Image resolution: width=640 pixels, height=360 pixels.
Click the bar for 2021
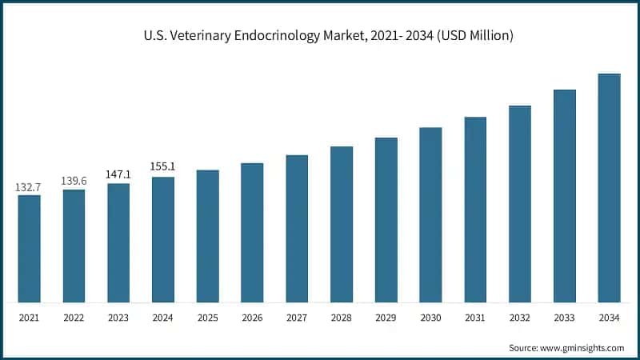[x=29, y=249]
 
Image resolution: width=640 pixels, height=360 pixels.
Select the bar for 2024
[x=163, y=240]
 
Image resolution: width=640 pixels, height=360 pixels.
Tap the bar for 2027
[x=297, y=229]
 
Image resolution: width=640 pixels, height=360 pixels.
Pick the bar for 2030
[x=430, y=215]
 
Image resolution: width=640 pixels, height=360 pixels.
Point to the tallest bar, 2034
[x=609, y=188]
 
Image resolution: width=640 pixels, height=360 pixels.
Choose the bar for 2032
[x=520, y=204]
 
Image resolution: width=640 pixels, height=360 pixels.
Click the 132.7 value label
[x=29, y=187]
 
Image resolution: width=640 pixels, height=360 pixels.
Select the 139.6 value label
[x=74, y=182]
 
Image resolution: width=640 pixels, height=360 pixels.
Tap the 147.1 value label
[x=118, y=174]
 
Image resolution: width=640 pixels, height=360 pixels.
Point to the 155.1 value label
[x=163, y=166]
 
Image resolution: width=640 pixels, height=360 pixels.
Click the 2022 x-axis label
[x=74, y=318]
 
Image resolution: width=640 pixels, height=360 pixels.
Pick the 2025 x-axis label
[x=208, y=318]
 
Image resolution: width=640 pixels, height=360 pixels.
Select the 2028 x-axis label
[x=342, y=318]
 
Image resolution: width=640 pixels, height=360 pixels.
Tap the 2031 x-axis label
[x=475, y=318]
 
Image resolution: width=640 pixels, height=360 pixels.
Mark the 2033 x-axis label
[x=565, y=318]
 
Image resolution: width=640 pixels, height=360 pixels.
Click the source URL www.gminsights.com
[x=581, y=348]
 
